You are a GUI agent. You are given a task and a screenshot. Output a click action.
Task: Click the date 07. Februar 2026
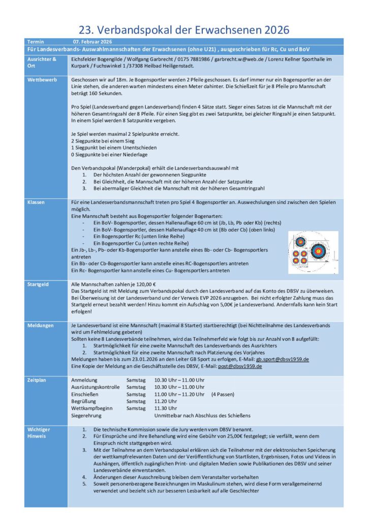tap(93, 41)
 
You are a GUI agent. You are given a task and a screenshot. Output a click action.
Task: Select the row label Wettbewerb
tap(39, 80)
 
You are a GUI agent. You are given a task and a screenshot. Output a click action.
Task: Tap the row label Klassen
tap(36, 202)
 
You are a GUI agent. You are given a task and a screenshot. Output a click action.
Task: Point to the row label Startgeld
tap(38, 284)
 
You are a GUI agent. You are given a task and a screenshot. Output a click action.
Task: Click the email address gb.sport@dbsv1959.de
tap(282, 359)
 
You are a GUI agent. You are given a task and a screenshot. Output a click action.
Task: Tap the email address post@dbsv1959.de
tap(240, 366)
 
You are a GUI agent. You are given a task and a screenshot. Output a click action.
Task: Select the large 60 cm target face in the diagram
tap(319, 250)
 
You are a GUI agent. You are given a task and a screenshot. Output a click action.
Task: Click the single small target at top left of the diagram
tap(300, 242)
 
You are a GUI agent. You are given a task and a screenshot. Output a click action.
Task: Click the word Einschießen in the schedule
tap(84, 394)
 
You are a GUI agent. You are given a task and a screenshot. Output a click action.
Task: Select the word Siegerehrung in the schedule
tap(86, 415)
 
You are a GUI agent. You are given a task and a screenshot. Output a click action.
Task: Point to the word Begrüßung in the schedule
tap(83, 401)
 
